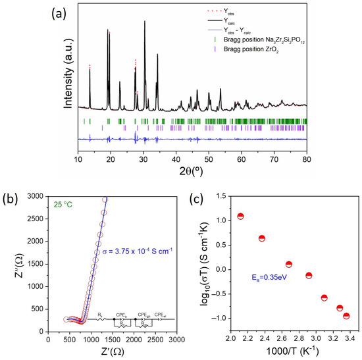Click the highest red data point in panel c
(x=241, y=217)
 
